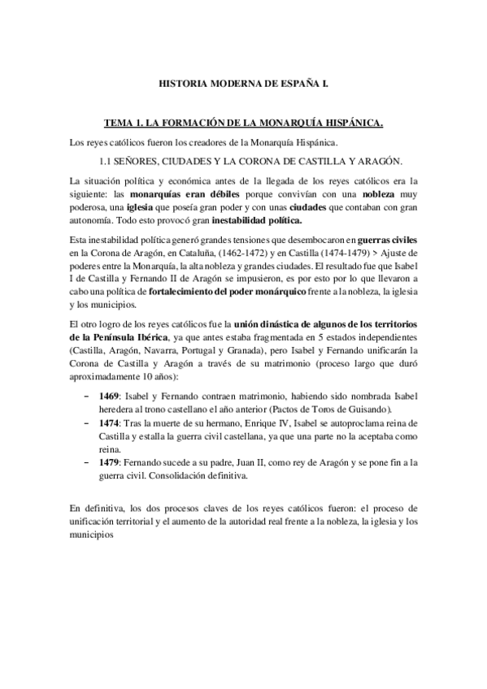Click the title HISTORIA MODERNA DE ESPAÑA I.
[243, 83]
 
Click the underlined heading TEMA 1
[243, 124]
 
